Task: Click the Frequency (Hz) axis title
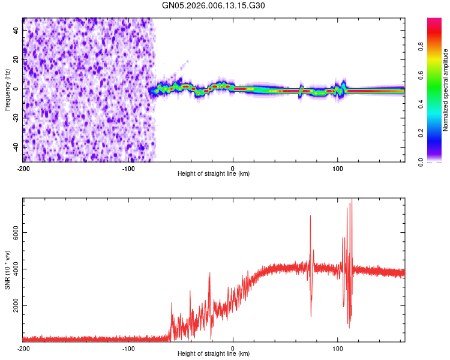click(7, 90)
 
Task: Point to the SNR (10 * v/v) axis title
click(7, 270)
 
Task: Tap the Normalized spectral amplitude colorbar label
click(446, 90)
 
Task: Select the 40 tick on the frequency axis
click(16, 30)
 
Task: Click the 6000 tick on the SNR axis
click(16, 232)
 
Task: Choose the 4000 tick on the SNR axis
click(16, 269)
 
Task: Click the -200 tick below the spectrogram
click(23, 167)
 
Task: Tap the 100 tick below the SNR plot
click(337, 348)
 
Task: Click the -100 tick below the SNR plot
click(128, 348)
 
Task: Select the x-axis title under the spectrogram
click(214, 173)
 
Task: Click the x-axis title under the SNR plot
click(214, 354)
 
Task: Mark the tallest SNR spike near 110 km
click(352, 200)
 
